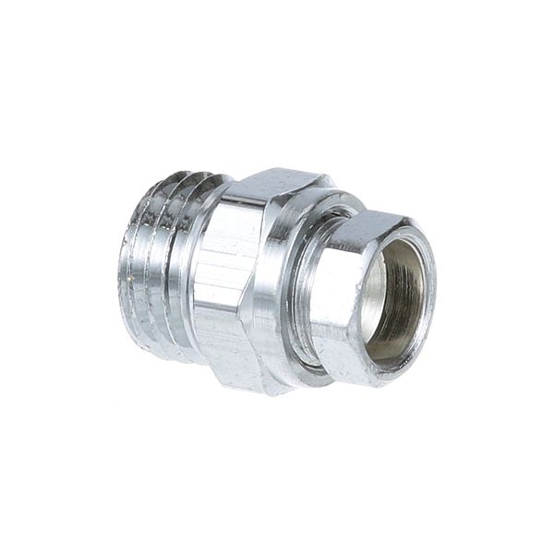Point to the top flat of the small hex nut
(369, 227)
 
